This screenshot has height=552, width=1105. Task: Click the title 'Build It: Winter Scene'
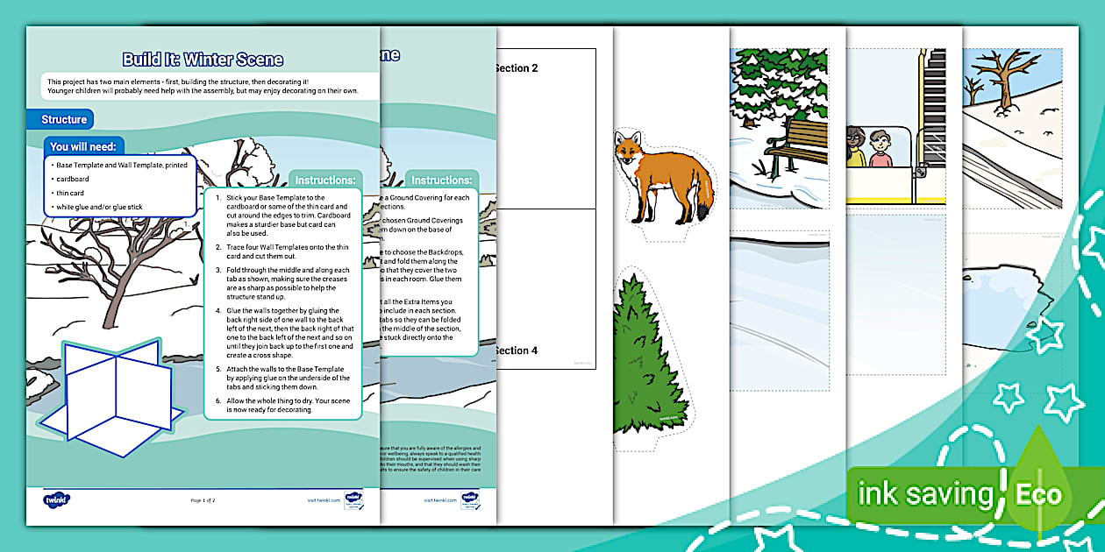[203, 60]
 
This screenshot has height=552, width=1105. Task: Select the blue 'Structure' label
[64, 119]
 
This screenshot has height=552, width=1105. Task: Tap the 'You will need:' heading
[87, 146]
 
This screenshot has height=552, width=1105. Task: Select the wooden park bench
[802, 145]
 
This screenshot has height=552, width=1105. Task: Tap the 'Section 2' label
[517, 68]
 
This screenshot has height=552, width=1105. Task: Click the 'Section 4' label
[517, 350]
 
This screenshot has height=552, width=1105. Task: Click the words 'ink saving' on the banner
[924, 494]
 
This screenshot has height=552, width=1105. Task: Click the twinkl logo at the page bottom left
[56, 499]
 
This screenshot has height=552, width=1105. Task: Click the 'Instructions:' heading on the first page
[324, 180]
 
